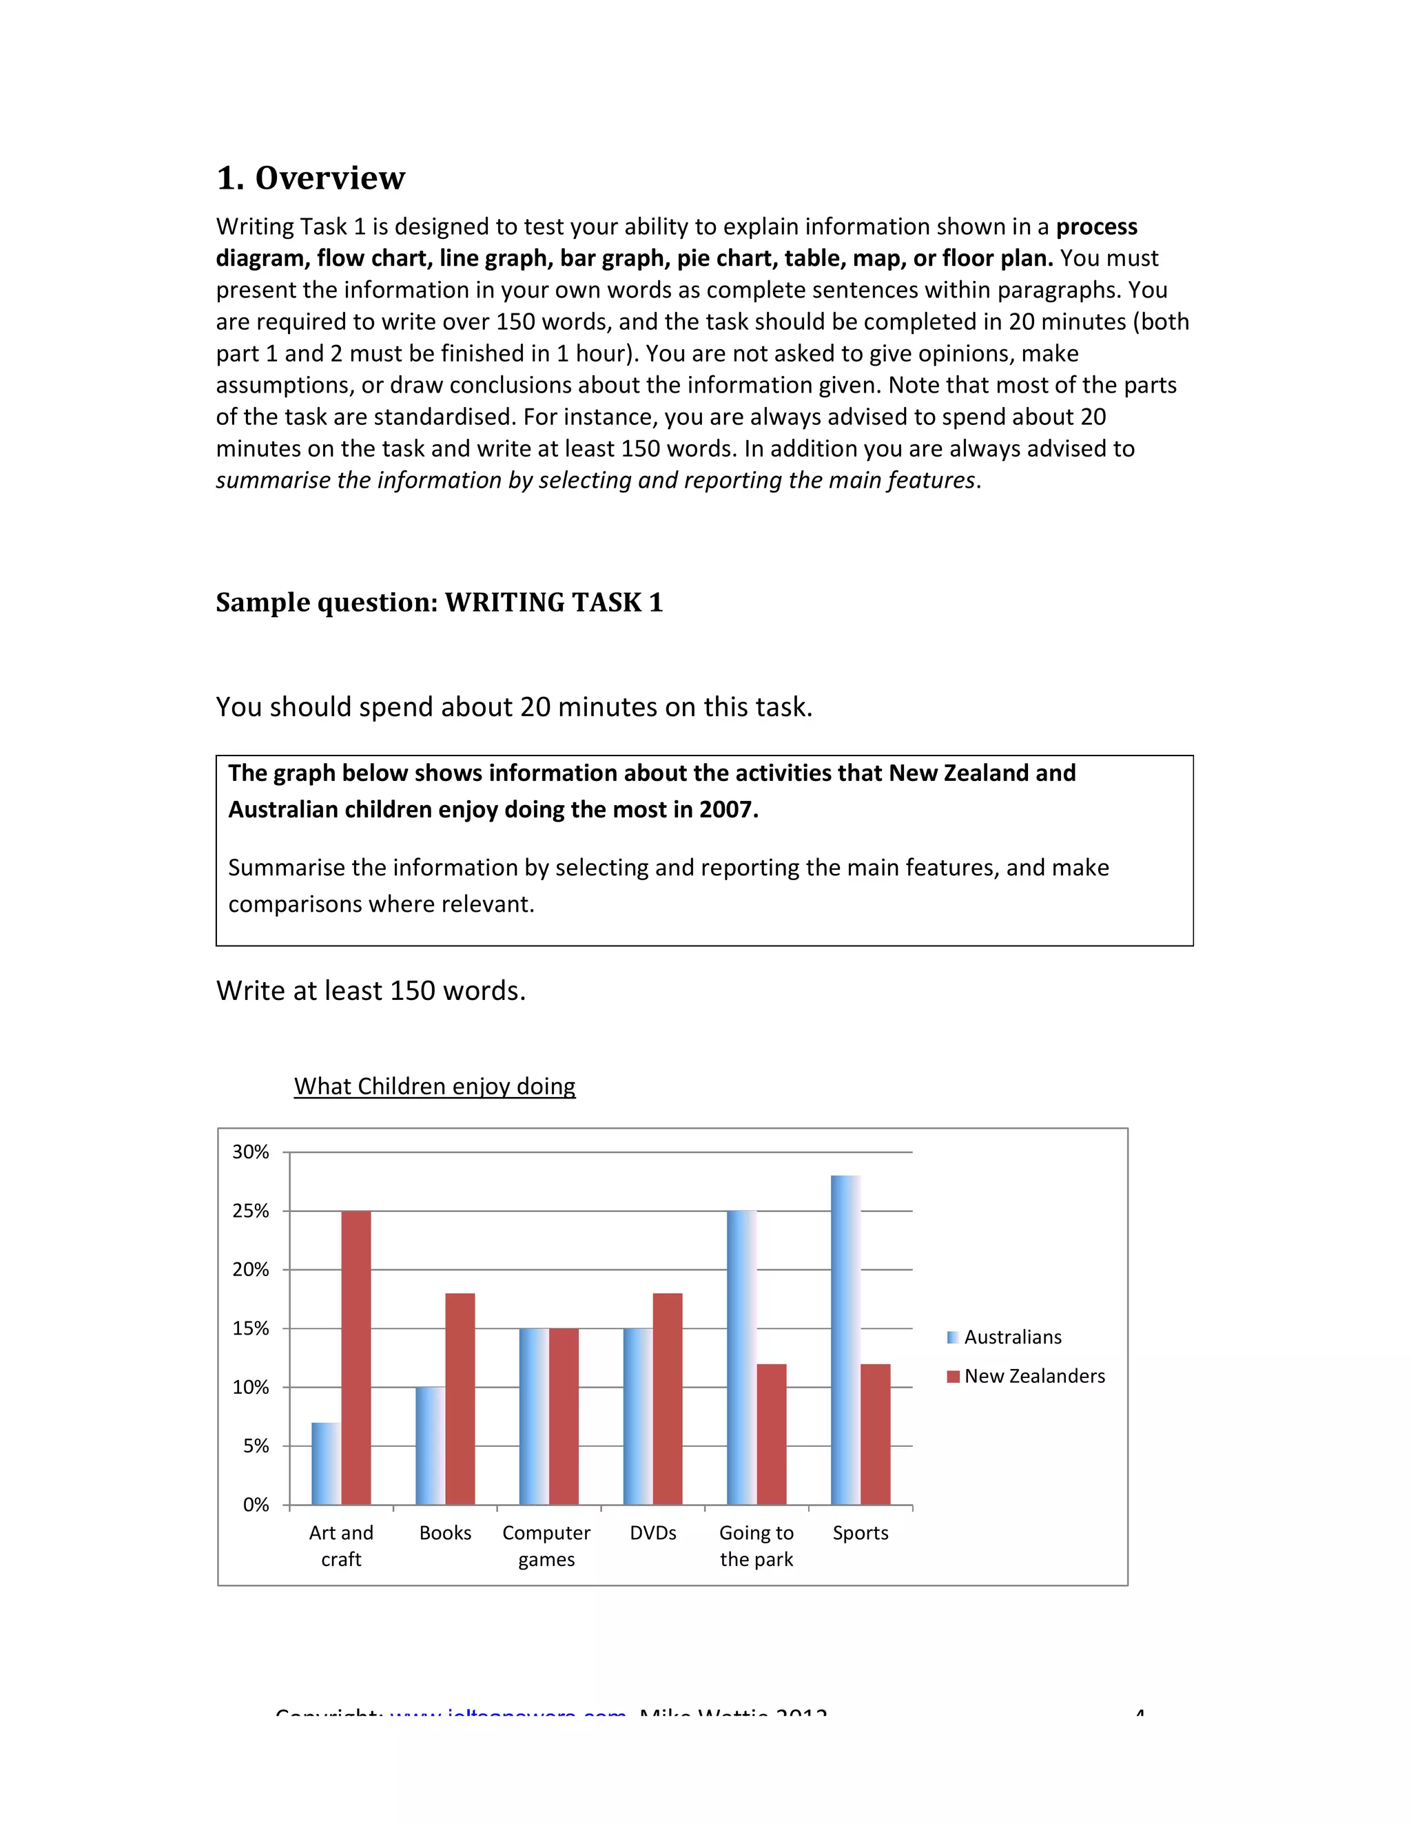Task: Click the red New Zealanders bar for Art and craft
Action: [x=356, y=1357]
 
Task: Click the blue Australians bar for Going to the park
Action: [x=741, y=1357]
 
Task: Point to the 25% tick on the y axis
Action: [x=251, y=1211]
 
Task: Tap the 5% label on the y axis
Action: [x=256, y=1446]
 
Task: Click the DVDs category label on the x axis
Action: [x=653, y=1532]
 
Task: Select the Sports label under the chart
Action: [x=860, y=1532]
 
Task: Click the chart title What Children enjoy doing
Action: [x=435, y=1086]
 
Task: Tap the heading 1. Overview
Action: [x=311, y=178]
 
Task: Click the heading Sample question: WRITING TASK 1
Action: [x=439, y=603]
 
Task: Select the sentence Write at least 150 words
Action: [x=370, y=991]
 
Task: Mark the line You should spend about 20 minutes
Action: [x=514, y=707]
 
